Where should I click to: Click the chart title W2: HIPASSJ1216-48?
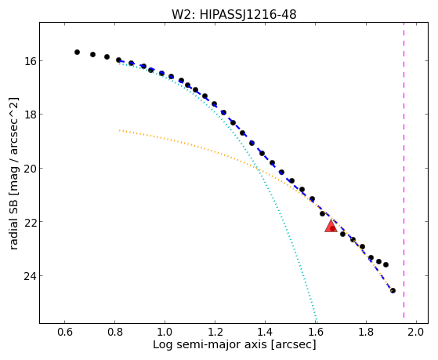tap(233, 14)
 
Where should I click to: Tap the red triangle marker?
tap(331, 226)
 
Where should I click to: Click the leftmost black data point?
tap(77, 52)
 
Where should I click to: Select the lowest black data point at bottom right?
tap(393, 291)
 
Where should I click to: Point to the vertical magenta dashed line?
tap(404, 170)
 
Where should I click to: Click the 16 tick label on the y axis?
tap(29, 61)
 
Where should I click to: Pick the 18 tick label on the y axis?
tap(29, 115)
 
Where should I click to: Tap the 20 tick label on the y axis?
tap(29, 169)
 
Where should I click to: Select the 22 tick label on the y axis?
tap(29, 222)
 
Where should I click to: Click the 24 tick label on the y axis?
tap(29, 276)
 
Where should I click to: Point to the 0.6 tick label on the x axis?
tap(65, 333)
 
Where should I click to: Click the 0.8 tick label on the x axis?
tap(115, 333)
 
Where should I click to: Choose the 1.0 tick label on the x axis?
tap(165, 333)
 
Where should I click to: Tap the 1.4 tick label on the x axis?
tap(265, 333)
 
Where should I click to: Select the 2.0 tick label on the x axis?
tap(416, 333)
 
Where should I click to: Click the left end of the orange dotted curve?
tap(120, 130)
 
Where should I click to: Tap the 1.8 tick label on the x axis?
tap(366, 333)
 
